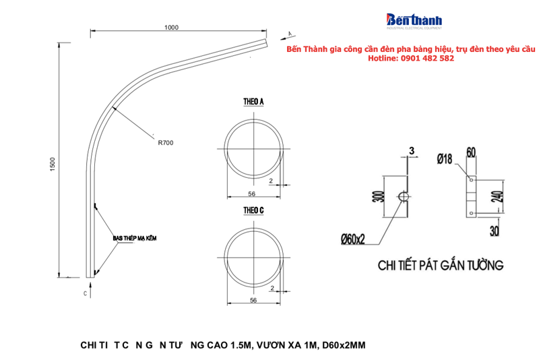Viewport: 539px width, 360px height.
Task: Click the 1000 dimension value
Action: [171, 27]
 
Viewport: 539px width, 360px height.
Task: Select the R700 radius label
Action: [165, 142]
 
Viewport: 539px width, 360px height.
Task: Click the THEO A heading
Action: [253, 101]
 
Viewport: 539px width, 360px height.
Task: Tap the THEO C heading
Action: [253, 210]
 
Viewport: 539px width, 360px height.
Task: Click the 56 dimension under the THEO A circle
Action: [251, 193]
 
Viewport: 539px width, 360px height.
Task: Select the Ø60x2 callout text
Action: [353, 238]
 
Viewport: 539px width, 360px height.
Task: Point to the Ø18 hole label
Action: [444, 159]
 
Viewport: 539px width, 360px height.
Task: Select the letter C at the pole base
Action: [86, 294]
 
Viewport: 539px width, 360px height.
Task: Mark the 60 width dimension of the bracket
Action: [471, 152]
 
